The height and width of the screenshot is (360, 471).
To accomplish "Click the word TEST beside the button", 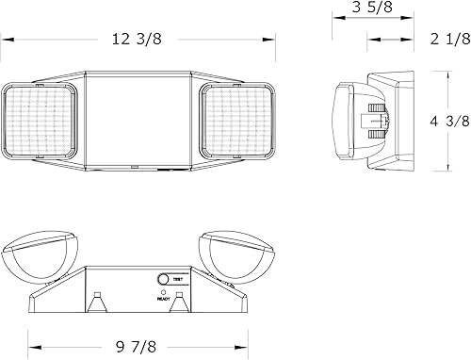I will pyautogui.click(x=178, y=280).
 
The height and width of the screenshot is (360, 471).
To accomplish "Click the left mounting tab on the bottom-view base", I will pyautogui.click(x=98, y=303).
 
